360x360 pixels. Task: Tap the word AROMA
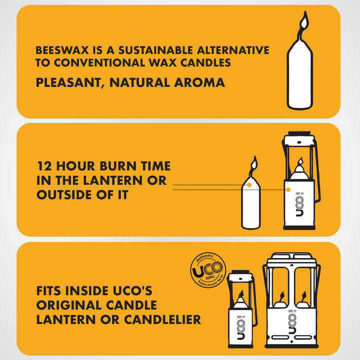[x=199, y=82]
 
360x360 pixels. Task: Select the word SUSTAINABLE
[x=155, y=50]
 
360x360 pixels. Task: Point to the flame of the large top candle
[x=304, y=22]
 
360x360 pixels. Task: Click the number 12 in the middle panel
[x=45, y=166]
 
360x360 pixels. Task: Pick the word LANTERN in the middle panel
[x=112, y=180]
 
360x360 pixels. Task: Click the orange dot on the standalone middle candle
[x=249, y=185]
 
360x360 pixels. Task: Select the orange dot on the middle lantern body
[x=288, y=189]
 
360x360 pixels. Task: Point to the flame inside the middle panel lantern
[x=300, y=161]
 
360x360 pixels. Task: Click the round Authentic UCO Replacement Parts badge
[x=208, y=270]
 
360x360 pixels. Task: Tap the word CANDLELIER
[x=162, y=319]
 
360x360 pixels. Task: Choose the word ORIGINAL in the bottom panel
[x=69, y=305]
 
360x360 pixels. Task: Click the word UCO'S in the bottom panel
[x=132, y=290]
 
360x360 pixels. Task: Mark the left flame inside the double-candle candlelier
[x=282, y=295]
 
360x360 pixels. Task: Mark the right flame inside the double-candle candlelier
[x=304, y=295]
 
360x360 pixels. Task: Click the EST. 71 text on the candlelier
[x=292, y=311]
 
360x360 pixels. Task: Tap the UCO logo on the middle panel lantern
[x=299, y=206]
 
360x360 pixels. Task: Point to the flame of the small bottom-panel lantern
[x=241, y=294]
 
